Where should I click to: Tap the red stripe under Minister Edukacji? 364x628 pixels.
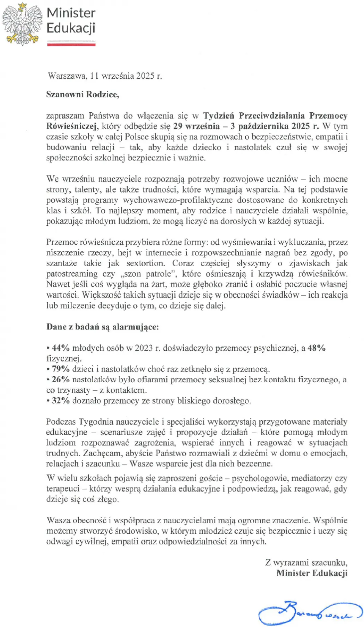point(71,44)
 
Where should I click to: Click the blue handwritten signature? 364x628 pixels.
point(310,613)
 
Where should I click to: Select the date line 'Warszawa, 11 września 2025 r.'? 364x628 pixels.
point(105,76)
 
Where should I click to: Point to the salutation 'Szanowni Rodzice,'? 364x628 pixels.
point(83,95)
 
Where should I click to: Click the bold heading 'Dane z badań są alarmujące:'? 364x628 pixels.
point(103,327)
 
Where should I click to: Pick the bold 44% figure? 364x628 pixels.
point(60,348)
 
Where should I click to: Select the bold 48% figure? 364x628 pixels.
point(317,348)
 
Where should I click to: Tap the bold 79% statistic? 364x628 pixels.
point(60,369)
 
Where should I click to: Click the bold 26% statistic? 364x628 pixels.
point(60,380)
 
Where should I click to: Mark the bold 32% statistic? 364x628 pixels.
point(60,401)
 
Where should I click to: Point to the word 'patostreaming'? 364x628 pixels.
point(72,274)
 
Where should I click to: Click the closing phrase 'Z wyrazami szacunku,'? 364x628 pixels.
point(306,562)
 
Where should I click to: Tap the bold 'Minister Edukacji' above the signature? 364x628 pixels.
point(312,573)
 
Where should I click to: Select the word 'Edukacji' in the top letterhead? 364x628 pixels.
point(71,28)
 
